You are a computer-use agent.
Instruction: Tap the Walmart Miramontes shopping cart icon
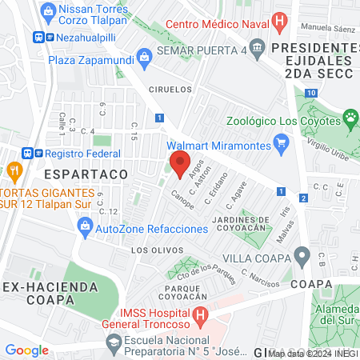click(280, 146)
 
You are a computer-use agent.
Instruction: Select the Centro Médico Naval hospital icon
click(278, 22)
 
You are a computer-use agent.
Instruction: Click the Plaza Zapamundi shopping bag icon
click(144, 57)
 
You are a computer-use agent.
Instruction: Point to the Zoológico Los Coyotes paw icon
click(350, 121)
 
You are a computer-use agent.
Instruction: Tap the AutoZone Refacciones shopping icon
click(86, 229)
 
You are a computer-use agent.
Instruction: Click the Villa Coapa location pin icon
click(302, 258)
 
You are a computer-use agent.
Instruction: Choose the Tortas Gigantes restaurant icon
click(14, 170)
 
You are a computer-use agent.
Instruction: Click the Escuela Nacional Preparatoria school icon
click(113, 342)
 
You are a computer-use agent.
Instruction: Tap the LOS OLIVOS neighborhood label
click(150, 250)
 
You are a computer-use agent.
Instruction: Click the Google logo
click(26, 350)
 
